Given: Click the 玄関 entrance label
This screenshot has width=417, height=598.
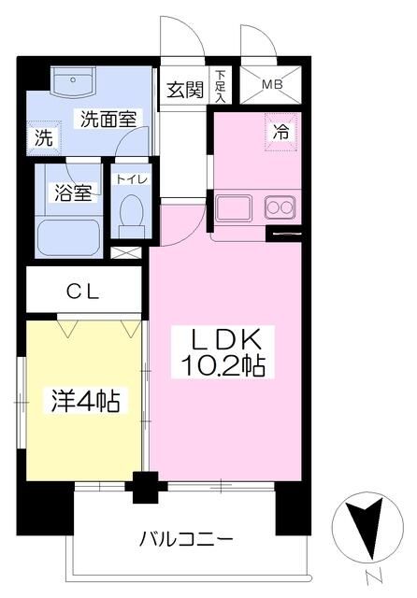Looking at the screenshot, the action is [185, 90].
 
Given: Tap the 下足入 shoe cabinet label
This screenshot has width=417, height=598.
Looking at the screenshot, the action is [220, 86].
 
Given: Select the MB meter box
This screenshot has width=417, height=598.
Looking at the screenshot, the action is [270, 84].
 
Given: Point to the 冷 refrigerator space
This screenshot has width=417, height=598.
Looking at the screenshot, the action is [280, 133].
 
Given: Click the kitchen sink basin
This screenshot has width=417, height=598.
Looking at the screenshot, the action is [234, 208].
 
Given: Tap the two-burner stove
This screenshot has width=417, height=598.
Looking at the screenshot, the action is [280, 207].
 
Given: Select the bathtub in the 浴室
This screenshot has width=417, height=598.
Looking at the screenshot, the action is [69, 238].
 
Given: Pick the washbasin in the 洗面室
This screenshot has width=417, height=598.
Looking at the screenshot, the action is [73, 82].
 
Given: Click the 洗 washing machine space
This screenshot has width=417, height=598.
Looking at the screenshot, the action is [44, 137].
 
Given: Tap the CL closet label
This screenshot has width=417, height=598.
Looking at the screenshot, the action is [83, 292].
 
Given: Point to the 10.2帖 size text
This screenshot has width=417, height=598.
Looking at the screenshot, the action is [223, 365].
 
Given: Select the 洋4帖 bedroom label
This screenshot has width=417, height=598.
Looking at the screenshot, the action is [86, 401].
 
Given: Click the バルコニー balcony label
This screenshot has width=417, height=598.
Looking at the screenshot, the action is [186, 539].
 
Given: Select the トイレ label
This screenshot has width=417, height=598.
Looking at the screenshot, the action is [132, 179].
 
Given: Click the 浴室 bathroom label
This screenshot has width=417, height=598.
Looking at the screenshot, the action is [73, 192].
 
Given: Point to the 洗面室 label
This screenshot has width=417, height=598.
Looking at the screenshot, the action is [108, 119].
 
